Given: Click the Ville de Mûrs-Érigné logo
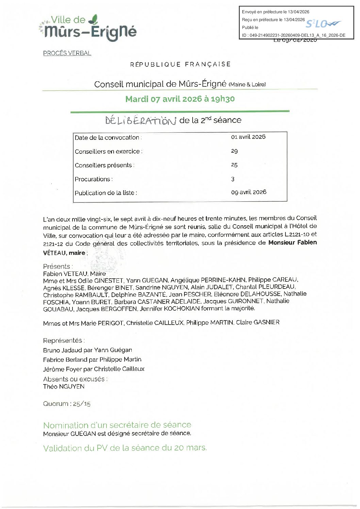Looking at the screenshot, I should point(89,28).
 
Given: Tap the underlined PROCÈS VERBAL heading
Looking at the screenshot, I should point(67,53).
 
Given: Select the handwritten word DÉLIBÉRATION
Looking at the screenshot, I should point(141,121).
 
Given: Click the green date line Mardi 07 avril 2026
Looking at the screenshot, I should point(180,99).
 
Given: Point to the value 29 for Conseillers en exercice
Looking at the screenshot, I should point(234,151).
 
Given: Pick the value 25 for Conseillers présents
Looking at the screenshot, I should point(234,165).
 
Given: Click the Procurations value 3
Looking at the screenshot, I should point(233,179).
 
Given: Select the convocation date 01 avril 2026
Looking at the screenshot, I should point(248,137).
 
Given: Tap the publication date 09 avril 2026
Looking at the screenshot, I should point(249,192).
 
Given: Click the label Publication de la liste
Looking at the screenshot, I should point(106,193).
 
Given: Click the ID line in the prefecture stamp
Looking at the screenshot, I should point(293,35).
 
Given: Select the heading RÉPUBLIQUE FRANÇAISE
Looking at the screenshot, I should point(180,64).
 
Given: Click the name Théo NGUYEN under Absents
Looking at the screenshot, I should point(64,387).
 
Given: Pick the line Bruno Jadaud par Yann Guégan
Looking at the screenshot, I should point(87,350).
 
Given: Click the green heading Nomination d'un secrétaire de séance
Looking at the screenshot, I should point(117,425).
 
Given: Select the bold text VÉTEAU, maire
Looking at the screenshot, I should point(64,253).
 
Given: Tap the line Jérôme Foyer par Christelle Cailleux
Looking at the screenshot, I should point(94,369).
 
